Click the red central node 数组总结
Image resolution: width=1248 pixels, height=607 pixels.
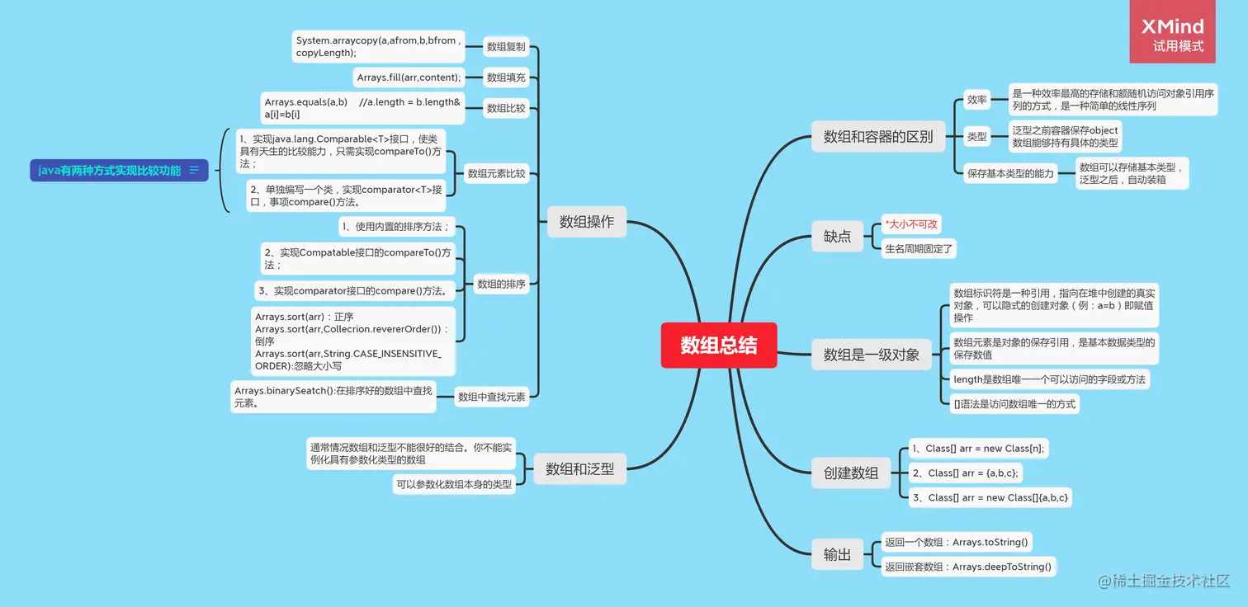718,346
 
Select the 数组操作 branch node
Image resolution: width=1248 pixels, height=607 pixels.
586,221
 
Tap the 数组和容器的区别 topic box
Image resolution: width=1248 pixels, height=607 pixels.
877,136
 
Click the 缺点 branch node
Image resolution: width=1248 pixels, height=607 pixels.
837,236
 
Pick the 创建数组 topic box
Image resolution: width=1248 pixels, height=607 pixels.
850,473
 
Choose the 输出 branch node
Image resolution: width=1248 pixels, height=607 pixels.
837,555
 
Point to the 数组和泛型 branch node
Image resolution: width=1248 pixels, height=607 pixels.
579,468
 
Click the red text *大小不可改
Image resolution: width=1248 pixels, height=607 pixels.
911,224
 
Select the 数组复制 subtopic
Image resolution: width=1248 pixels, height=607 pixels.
506,47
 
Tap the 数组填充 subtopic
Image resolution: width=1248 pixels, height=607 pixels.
506,78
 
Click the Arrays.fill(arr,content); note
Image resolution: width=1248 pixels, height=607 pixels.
409,78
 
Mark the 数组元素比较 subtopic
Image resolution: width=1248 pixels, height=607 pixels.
496,174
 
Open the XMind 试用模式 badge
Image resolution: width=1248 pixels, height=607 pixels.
1172,35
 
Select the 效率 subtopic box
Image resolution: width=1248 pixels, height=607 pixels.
976,100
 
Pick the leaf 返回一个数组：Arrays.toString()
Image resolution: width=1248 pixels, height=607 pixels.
956,542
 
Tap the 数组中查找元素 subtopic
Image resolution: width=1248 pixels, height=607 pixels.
491,397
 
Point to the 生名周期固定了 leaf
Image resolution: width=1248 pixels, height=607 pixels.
919,248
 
